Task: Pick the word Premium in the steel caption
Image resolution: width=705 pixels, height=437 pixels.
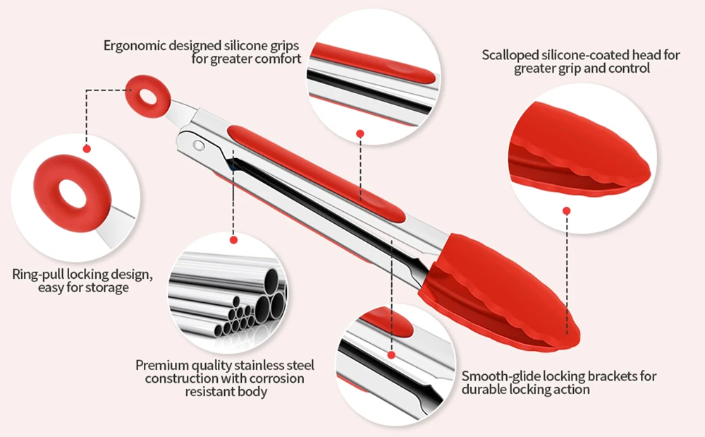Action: point(161,366)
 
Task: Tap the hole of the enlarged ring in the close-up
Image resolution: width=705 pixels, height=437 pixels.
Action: point(71,193)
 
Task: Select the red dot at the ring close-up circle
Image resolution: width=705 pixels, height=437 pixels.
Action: point(87,148)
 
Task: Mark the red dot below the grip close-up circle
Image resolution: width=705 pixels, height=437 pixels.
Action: point(360,133)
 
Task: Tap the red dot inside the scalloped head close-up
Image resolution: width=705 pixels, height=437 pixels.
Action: point(566,210)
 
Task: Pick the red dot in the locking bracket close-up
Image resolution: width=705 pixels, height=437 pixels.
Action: point(391,354)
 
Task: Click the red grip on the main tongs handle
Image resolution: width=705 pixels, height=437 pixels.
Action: point(317,173)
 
